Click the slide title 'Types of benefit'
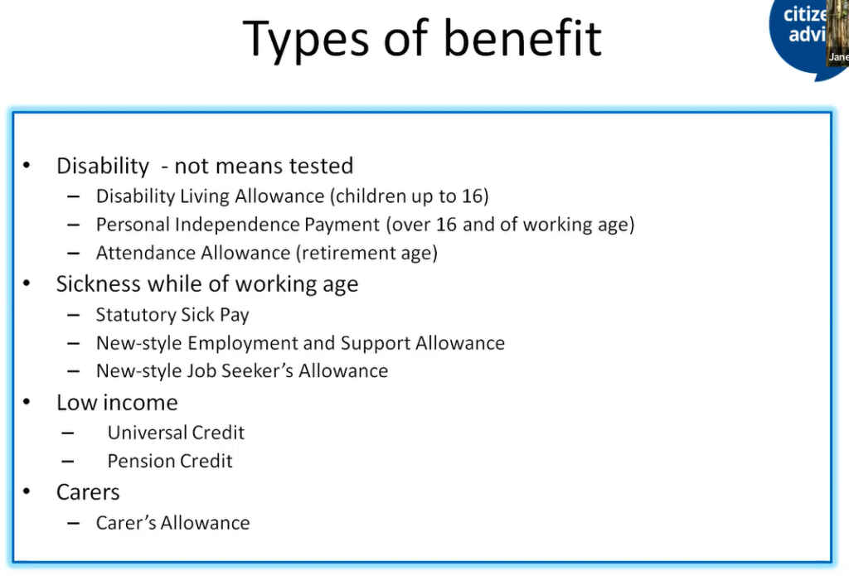(422, 38)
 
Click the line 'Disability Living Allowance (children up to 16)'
(292, 196)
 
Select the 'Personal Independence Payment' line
(365, 225)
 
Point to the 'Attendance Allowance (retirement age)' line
(266, 253)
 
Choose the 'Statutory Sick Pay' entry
(172, 315)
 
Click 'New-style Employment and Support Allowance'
(300, 343)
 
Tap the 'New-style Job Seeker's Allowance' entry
(241, 371)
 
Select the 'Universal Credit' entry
(176, 433)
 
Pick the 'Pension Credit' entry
(170, 461)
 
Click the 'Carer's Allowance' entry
(172, 523)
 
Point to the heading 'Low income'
(117, 403)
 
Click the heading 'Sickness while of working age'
(207, 284)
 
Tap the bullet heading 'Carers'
(88, 492)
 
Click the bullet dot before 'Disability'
(27, 166)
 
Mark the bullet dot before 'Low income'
(27, 403)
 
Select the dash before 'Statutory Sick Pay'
(74, 316)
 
